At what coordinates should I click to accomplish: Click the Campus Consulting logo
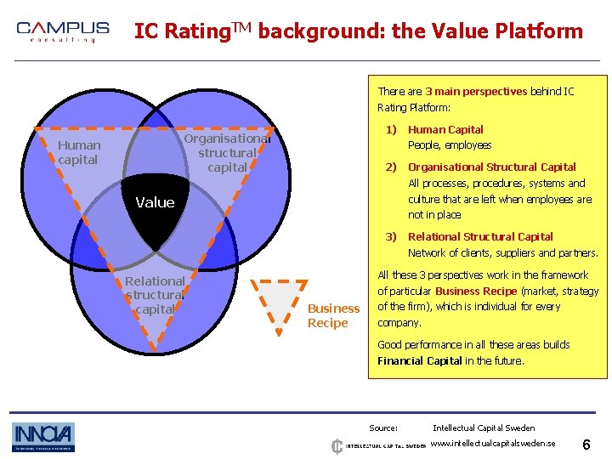coord(63,32)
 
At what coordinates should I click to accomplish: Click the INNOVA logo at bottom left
coord(42,437)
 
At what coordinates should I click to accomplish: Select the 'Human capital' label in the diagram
coord(78,152)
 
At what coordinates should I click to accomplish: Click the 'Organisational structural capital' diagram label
coord(227,153)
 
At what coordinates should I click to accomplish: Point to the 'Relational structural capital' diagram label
coord(155,295)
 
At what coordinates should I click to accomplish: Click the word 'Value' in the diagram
coord(155,202)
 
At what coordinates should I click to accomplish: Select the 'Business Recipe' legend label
coord(333,315)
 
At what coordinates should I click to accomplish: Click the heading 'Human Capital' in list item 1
coord(445,130)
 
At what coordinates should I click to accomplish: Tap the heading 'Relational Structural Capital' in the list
coord(480,237)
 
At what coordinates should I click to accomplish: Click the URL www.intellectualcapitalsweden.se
coord(493,444)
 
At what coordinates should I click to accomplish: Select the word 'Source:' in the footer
coord(383,428)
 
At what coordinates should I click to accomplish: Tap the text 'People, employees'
coord(450,145)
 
